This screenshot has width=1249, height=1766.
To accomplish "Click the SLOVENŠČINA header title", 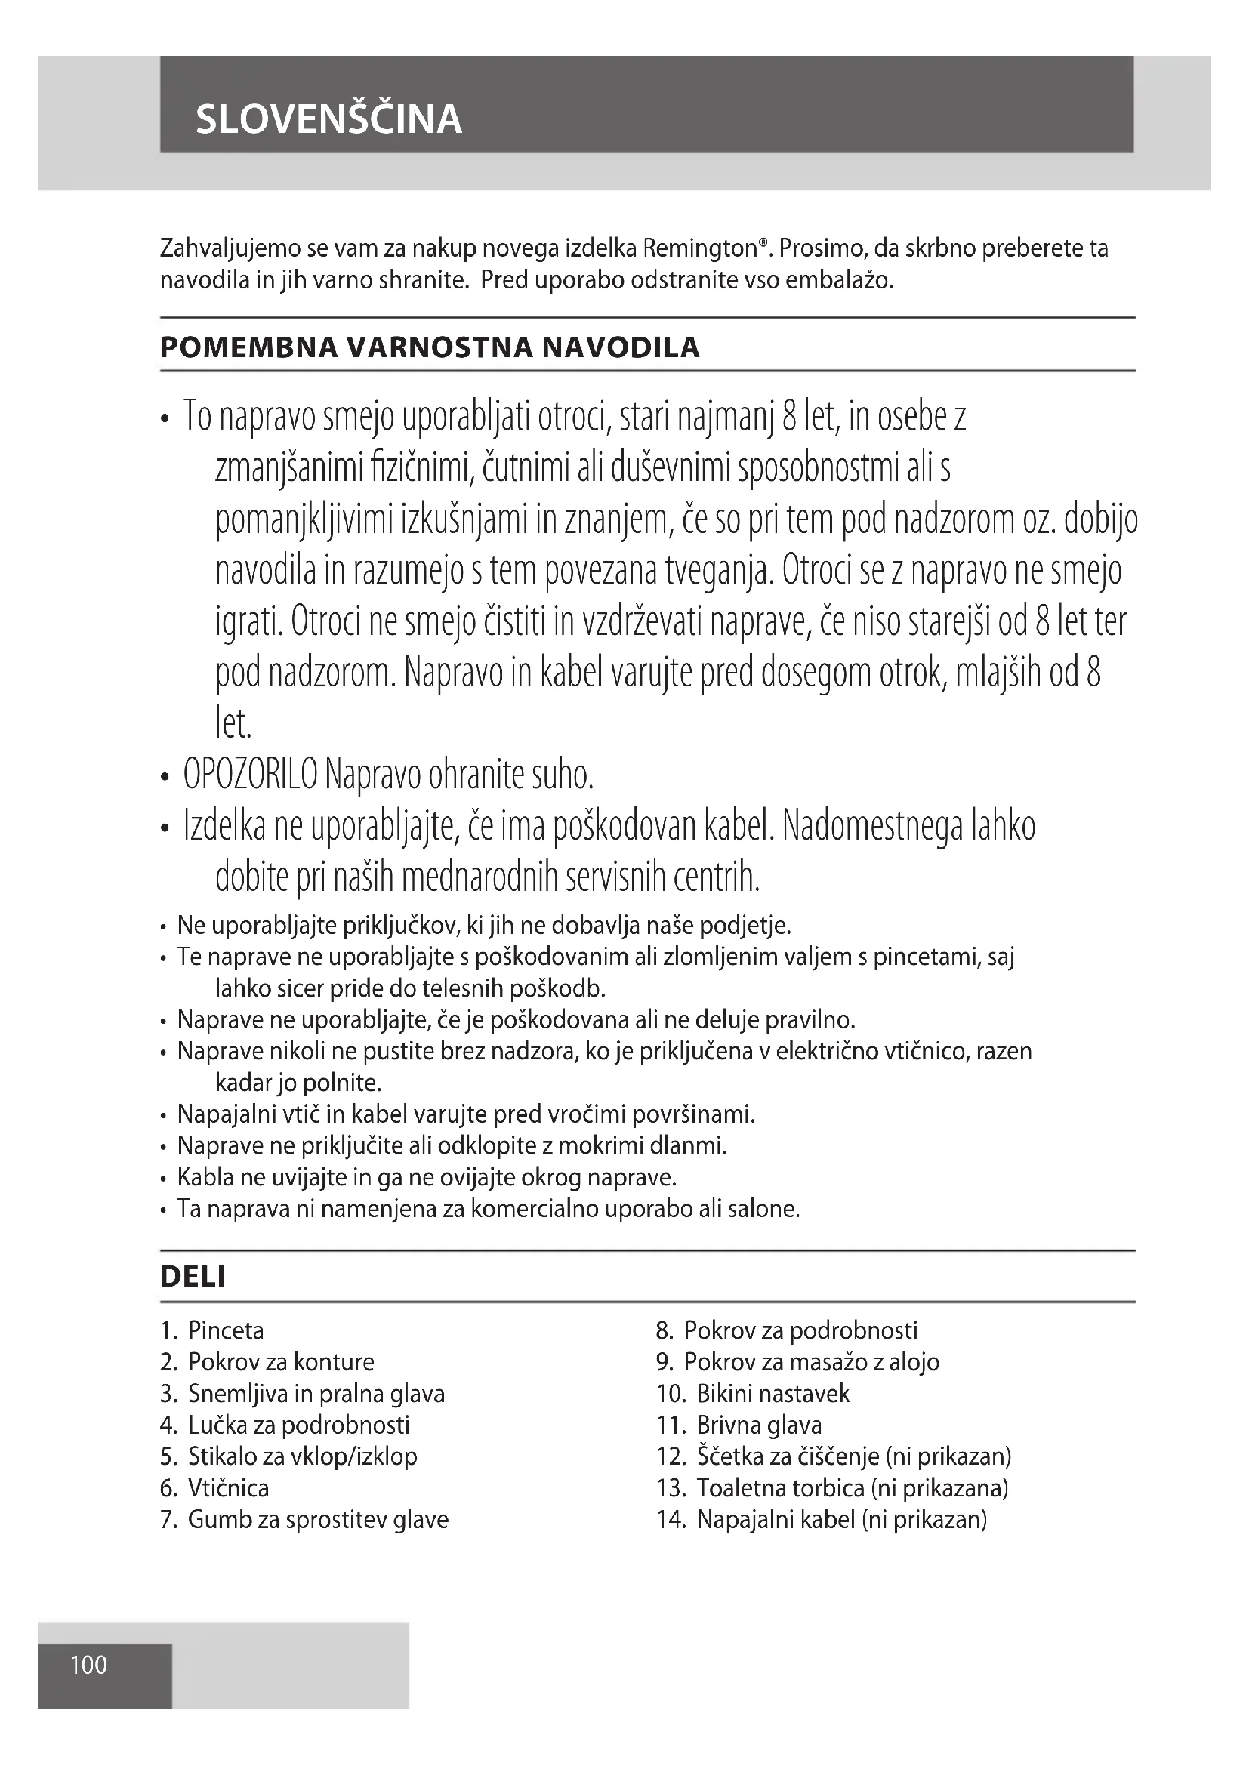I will [328, 119].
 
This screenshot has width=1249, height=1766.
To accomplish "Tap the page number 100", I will [88, 1666].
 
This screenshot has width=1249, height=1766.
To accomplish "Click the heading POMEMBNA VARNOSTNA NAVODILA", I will [429, 347].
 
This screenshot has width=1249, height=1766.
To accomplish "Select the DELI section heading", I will [193, 1277].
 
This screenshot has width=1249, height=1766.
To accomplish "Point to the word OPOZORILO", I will [250, 775].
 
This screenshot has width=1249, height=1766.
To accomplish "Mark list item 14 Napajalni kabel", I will [840, 1520].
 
